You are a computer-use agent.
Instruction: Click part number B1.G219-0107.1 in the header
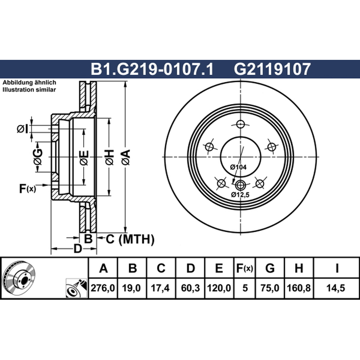point(152,69)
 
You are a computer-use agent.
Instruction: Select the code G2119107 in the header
point(272,69)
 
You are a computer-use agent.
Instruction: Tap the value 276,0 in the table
point(103,288)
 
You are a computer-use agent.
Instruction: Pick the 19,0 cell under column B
point(131,288)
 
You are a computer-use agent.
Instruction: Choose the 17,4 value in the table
point(160,288)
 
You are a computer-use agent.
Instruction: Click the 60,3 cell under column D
point(190,288)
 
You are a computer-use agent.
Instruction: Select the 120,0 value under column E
point(219,288)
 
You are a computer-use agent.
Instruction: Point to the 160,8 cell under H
point(299,288)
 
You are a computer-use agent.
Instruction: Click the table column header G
point(270,268)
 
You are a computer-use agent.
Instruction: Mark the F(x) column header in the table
point(244,268)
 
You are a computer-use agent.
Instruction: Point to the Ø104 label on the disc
point(238,167)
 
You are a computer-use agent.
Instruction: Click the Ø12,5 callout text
point(240,195)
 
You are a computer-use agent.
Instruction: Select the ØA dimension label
point(126,157)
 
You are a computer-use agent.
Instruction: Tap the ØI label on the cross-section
point(22,129)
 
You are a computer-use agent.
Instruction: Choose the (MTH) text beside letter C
point(136,239)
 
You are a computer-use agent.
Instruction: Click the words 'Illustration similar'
point(29,90)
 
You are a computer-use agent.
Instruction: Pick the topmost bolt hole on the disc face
point(240,125)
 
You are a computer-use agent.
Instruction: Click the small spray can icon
point(76,288)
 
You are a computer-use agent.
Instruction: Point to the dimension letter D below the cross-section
point(77,248)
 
